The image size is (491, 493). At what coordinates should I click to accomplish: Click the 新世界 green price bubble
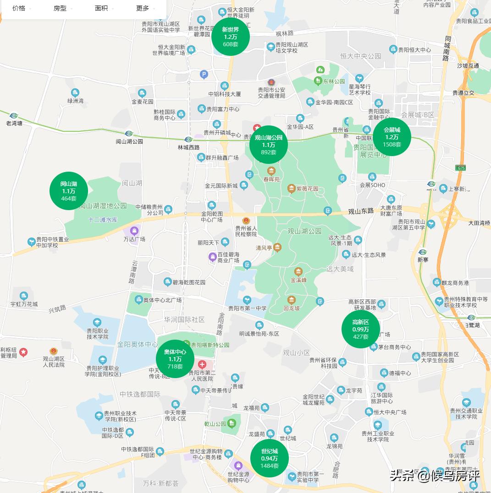tap(231, 37)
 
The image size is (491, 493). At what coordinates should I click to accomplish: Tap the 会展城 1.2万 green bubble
tap(392, 137)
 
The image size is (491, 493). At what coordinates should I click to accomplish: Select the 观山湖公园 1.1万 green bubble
tap(269, 145)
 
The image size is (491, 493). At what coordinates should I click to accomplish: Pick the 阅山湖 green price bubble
tap(69, 191)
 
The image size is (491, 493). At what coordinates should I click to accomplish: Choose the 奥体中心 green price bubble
tap(175, 359)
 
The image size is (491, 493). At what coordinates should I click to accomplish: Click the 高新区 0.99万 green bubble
tap(360, 329)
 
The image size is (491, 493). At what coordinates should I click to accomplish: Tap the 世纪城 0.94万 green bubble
tap(270, 458)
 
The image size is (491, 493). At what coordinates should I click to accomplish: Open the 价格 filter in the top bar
tap(19, 8)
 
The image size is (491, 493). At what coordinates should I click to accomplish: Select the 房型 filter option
tap(60, 8)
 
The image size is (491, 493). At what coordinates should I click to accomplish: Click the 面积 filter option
tap(101, 8)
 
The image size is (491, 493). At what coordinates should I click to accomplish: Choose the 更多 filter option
tap(143, 8)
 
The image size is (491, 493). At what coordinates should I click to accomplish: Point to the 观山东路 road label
tap(361, 211)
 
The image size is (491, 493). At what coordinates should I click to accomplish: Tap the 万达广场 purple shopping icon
tap(134, 231)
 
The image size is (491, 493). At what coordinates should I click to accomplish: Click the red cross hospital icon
tap(202, 364)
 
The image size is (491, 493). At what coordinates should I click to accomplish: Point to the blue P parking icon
tap(204, 74)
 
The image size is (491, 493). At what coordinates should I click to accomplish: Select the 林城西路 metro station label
tap(188, 147)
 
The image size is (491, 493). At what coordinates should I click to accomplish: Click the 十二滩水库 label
tap(103, 220)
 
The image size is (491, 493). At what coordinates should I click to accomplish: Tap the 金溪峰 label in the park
tap(298, 279)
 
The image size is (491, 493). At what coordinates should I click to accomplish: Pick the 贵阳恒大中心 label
tap(414, 50)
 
